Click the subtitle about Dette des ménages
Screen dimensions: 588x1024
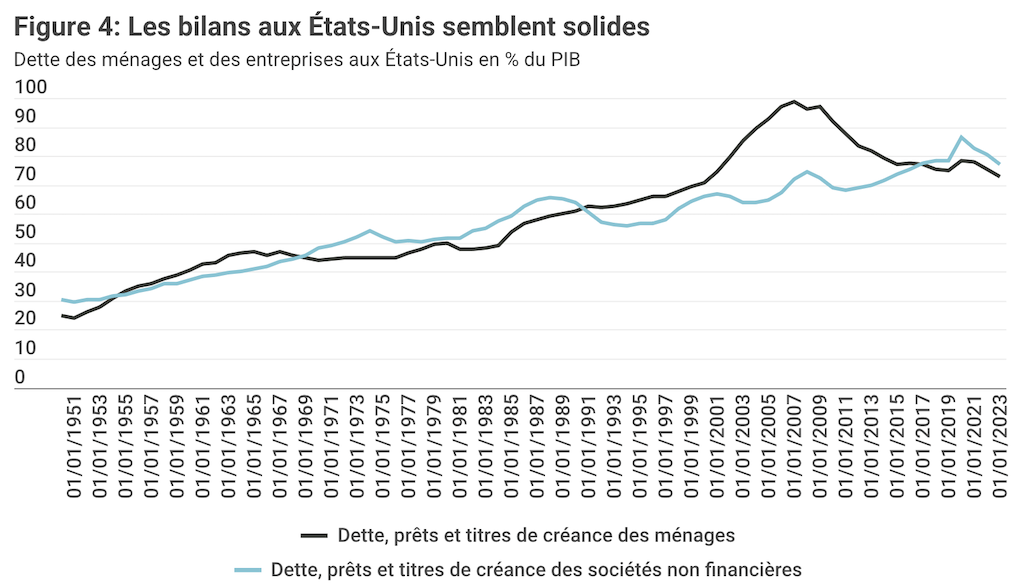tap(297, 58)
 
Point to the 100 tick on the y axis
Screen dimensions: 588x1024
tap(32, 88)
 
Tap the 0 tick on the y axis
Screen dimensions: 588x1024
tap(21, 378)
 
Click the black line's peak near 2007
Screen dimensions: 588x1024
tap(793, 101)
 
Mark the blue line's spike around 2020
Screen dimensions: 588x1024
tap(961, 137)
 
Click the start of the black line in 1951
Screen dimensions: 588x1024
tap(62, 315)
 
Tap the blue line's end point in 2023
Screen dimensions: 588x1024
tap(999, 163)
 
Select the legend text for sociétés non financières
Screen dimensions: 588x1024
tap(536, 569)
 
